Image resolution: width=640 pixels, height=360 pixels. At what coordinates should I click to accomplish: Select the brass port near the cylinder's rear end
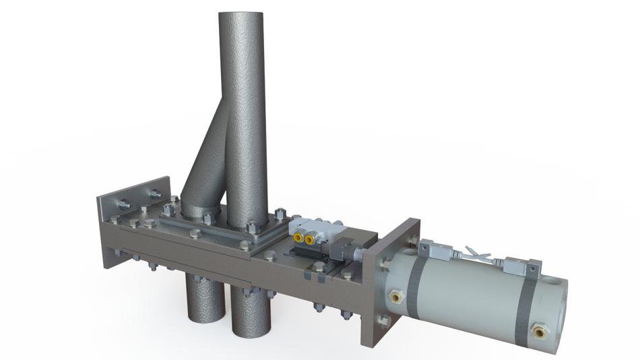pos(537,330)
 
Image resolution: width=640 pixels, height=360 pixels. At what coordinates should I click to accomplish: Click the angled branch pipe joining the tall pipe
pos(205,162)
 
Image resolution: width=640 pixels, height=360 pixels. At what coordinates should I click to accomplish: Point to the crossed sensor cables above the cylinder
pos(482,257)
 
